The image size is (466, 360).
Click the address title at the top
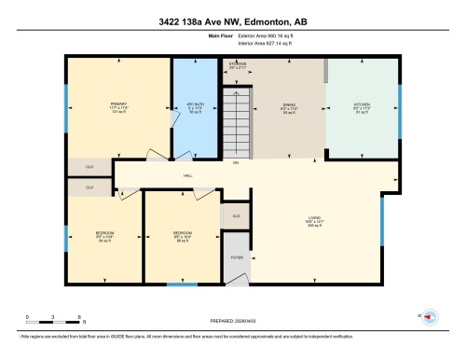click(232, 19)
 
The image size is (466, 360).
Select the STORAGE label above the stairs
click(238, 65)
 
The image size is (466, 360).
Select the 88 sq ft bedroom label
click(183, 235)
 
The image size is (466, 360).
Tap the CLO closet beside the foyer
click(236, 215)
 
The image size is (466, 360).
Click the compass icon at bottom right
click(430, 317)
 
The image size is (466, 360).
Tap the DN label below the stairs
click(236, 162)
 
